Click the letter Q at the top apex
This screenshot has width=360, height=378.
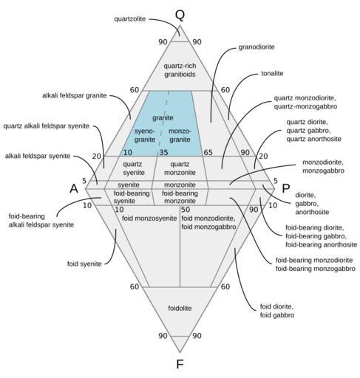click(x=180, y=16)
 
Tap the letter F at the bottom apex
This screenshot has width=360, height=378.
click(x=180, y=364)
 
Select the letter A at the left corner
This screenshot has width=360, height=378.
click(x=74, y=189)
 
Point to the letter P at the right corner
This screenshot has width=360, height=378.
click(x=285, y=189)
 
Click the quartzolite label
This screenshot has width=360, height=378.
click(x=130, y=19)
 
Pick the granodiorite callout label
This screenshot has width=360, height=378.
click(x=257, y=47)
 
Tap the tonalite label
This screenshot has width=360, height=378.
click(x=272, y=73)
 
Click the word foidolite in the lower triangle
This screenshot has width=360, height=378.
click(x=180, y=308)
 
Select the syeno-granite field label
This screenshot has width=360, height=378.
click(x=145, y=135)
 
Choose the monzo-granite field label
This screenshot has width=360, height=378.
click(x=180, y=135)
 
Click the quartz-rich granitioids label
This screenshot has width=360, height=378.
click(x=180, y=70)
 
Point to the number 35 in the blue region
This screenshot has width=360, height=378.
click(x=163, y=153)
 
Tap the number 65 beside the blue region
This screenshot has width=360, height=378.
click(x=208, y=153)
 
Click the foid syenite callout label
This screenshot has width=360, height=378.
click(x=84, y=264)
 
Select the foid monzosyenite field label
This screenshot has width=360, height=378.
click(x=149, y=219)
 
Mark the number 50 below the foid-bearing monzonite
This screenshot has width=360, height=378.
click(x=186, y=210)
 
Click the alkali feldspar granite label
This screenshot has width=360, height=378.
click(x=75, y=95)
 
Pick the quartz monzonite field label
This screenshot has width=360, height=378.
click(x=180, y=168)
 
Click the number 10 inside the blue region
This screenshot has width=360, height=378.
click(x=128, y=153)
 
